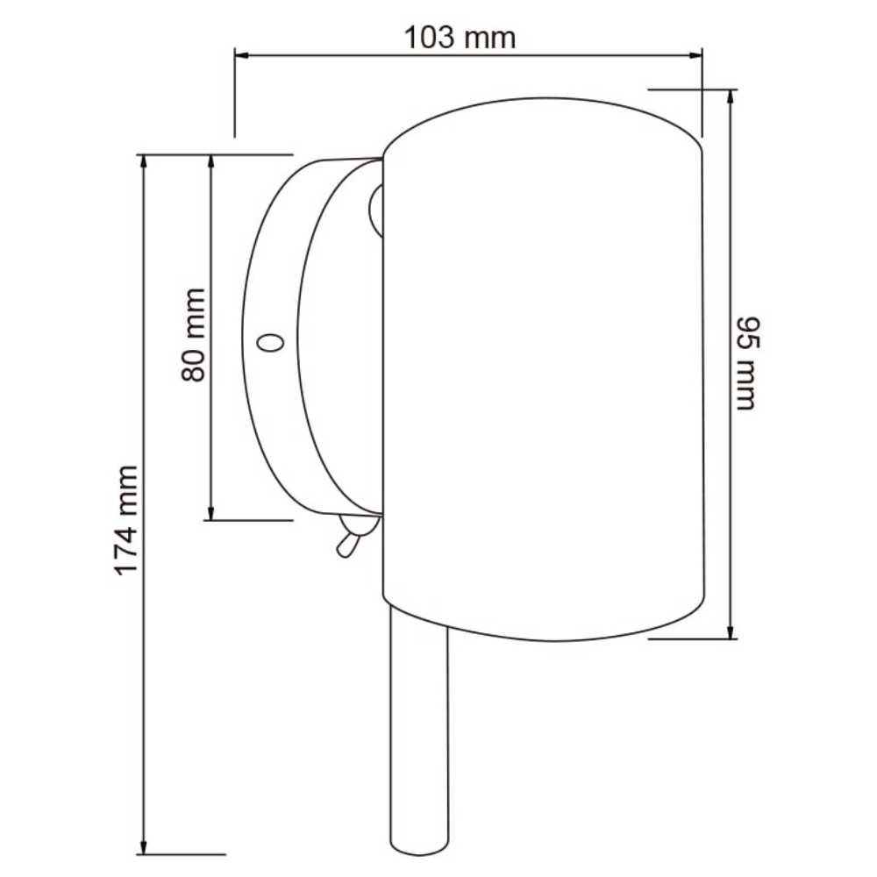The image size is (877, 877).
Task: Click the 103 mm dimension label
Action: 460,38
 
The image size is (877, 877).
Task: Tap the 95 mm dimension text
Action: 745,363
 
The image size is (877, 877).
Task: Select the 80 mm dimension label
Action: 194,334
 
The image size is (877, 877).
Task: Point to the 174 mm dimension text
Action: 127,519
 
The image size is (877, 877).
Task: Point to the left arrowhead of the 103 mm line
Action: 239,55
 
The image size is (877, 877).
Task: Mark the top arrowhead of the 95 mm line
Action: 731,95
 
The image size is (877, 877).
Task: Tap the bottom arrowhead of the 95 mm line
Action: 731,633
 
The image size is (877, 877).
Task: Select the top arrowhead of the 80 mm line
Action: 210,160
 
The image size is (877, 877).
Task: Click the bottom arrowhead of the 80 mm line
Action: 210,514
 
